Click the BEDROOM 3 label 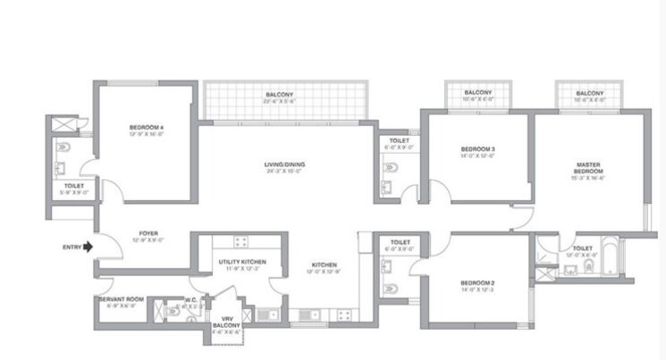(478, 148)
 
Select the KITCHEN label (323, 265)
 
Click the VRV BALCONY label (225, 322)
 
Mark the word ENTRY (72, 247)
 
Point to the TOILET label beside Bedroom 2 (400, 241)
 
